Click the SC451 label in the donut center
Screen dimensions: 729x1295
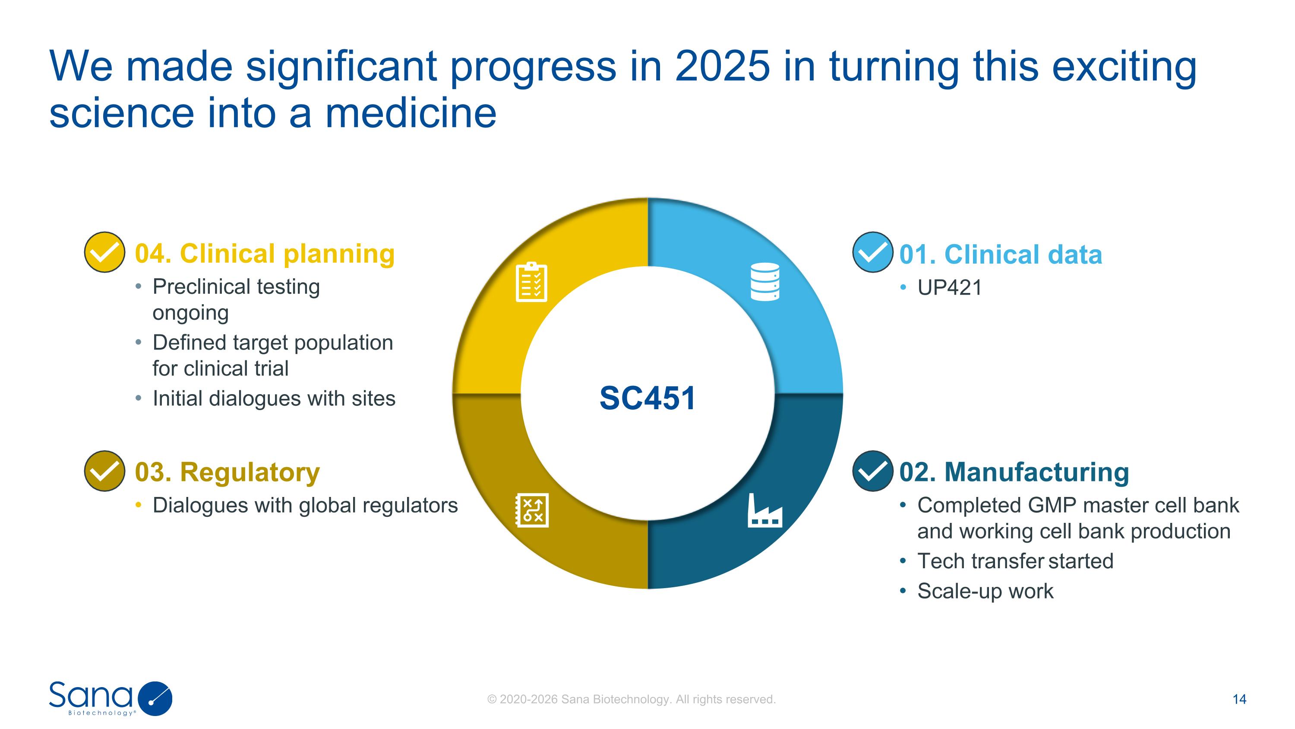647,398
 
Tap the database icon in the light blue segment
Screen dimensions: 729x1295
764,282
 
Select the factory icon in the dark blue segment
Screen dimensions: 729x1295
764,511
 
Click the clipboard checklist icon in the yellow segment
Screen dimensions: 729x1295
531,282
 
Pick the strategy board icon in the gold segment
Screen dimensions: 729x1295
532,511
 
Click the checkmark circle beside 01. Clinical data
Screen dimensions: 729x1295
872,252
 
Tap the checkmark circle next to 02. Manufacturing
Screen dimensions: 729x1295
872,471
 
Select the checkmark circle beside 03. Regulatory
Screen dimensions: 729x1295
104,471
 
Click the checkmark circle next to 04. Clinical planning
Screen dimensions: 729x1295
104,252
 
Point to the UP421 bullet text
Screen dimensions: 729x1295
949,288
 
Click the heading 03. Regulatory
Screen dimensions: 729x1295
227,472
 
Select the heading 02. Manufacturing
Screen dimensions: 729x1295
1014,472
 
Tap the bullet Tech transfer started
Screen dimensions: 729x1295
1015,561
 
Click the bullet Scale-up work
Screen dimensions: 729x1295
985,591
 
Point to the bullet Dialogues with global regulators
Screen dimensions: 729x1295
305,505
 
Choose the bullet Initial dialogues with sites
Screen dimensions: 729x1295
274,398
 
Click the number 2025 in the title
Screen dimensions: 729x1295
722,66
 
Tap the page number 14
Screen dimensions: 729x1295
1239,699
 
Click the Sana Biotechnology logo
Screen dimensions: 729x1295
111,698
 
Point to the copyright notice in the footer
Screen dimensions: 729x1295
632,699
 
